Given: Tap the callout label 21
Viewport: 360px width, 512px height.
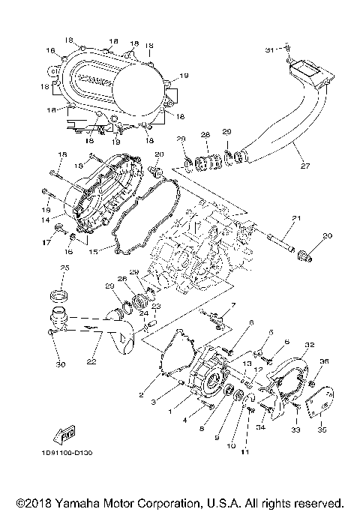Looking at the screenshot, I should tap(295, 218).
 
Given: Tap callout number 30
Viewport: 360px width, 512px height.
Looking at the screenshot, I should tap(60, 365).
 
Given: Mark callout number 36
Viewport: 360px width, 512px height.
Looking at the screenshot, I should tap(325, 361).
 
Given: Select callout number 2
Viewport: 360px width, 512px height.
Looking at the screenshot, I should tap(140, 395).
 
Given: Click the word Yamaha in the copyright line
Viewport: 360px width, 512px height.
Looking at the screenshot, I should tap(94, 502).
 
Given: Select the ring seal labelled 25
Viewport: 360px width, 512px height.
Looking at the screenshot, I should tap(58, 292).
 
